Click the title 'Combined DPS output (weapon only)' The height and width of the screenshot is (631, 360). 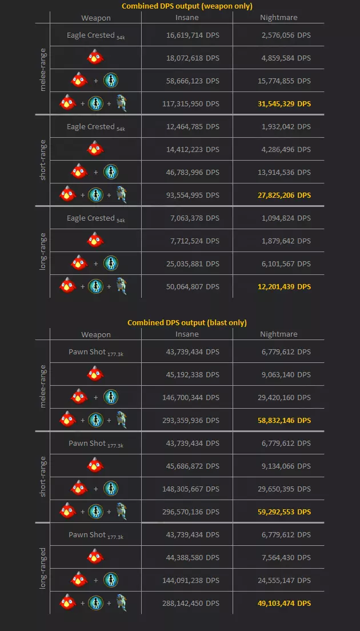[x=187, y=6]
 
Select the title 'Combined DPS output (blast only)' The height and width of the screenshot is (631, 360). [x=187, y=323]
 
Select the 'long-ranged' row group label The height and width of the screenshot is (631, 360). [x=43, y=569]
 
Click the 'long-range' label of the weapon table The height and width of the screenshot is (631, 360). [x=43, y=252]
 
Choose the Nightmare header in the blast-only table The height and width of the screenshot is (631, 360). [x=279, y=334]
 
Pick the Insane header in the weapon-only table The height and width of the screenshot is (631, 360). [x=187, y=18]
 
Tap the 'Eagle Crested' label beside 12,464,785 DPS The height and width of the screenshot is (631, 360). [x=91, y=126]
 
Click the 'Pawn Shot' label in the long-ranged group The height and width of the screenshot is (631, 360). [x=87, y=534]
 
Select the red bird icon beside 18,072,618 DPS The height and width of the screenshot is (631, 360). [x=95, y=58]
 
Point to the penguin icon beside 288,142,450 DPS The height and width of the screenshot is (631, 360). [x=121, y=602]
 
